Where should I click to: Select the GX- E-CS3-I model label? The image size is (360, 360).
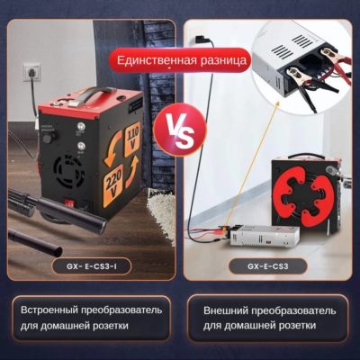pos(92,266)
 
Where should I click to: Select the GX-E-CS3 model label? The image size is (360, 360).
pos(268,266)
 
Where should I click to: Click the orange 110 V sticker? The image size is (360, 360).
pos(132,139)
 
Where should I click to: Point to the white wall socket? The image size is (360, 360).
pos(31,73)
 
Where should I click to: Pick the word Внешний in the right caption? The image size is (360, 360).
pos(225,310)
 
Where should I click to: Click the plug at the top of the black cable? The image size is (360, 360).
pos(200,40)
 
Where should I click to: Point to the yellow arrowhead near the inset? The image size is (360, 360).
pos(278,103)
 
